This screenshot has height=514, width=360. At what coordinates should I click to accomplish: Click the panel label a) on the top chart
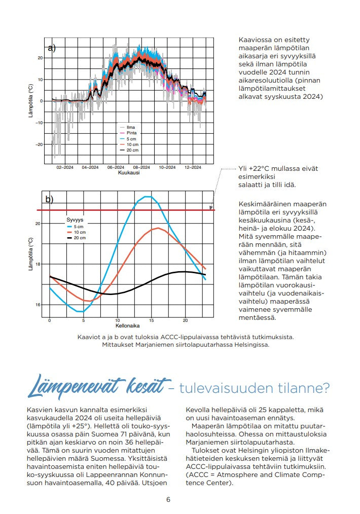pyautogui.click(x=51, y=48)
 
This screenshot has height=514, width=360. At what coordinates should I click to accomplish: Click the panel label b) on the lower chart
pyautogui.click(x=49, y=199)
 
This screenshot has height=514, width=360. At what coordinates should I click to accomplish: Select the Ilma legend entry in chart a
pyautogui.click(x=130, y=127)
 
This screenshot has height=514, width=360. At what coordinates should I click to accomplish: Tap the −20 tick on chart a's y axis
pyautogui.click(x=40, y=144)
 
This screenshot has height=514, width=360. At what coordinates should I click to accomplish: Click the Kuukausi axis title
pyautogui.click(x=129, y=173)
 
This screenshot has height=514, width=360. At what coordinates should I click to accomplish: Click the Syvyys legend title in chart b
pyautogui.click(x=74, y=220)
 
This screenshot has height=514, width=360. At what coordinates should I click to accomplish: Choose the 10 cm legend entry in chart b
pyautogui.click(x=80, y=232)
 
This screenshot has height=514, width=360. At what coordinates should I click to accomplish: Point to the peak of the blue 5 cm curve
pyautogui.click(x=147, y=196)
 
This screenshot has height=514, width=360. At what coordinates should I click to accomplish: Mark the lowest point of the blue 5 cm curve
pyautogui.click(x=80, y=311)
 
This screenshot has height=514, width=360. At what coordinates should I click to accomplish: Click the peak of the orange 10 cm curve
pyautogui.click(x=159, y=228)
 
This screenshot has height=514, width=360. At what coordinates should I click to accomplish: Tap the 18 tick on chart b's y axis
pyautogui.click(x=38, y=264)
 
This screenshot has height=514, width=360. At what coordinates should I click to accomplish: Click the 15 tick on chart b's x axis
pyautogui.click(x=152, y=321)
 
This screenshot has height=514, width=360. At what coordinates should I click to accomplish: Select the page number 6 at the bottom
pyautogui.click(x=168, y=499)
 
